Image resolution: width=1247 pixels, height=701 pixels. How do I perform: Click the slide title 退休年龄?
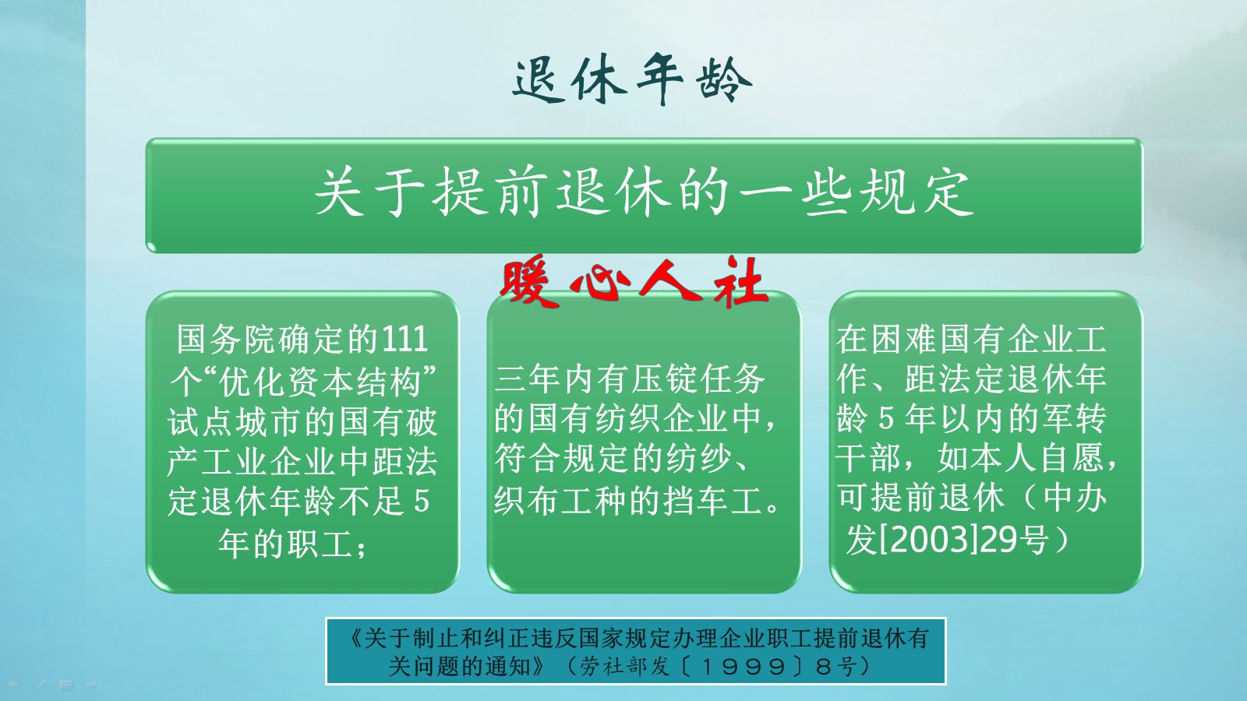(631, 80)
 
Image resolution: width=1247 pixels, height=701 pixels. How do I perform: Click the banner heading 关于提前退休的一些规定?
(644, 192)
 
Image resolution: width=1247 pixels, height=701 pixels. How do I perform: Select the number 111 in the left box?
(405, 340)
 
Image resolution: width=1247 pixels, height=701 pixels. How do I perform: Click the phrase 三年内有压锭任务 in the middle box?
(630, 379)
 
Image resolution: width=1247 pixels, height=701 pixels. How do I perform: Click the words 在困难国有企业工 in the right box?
(971, 340)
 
